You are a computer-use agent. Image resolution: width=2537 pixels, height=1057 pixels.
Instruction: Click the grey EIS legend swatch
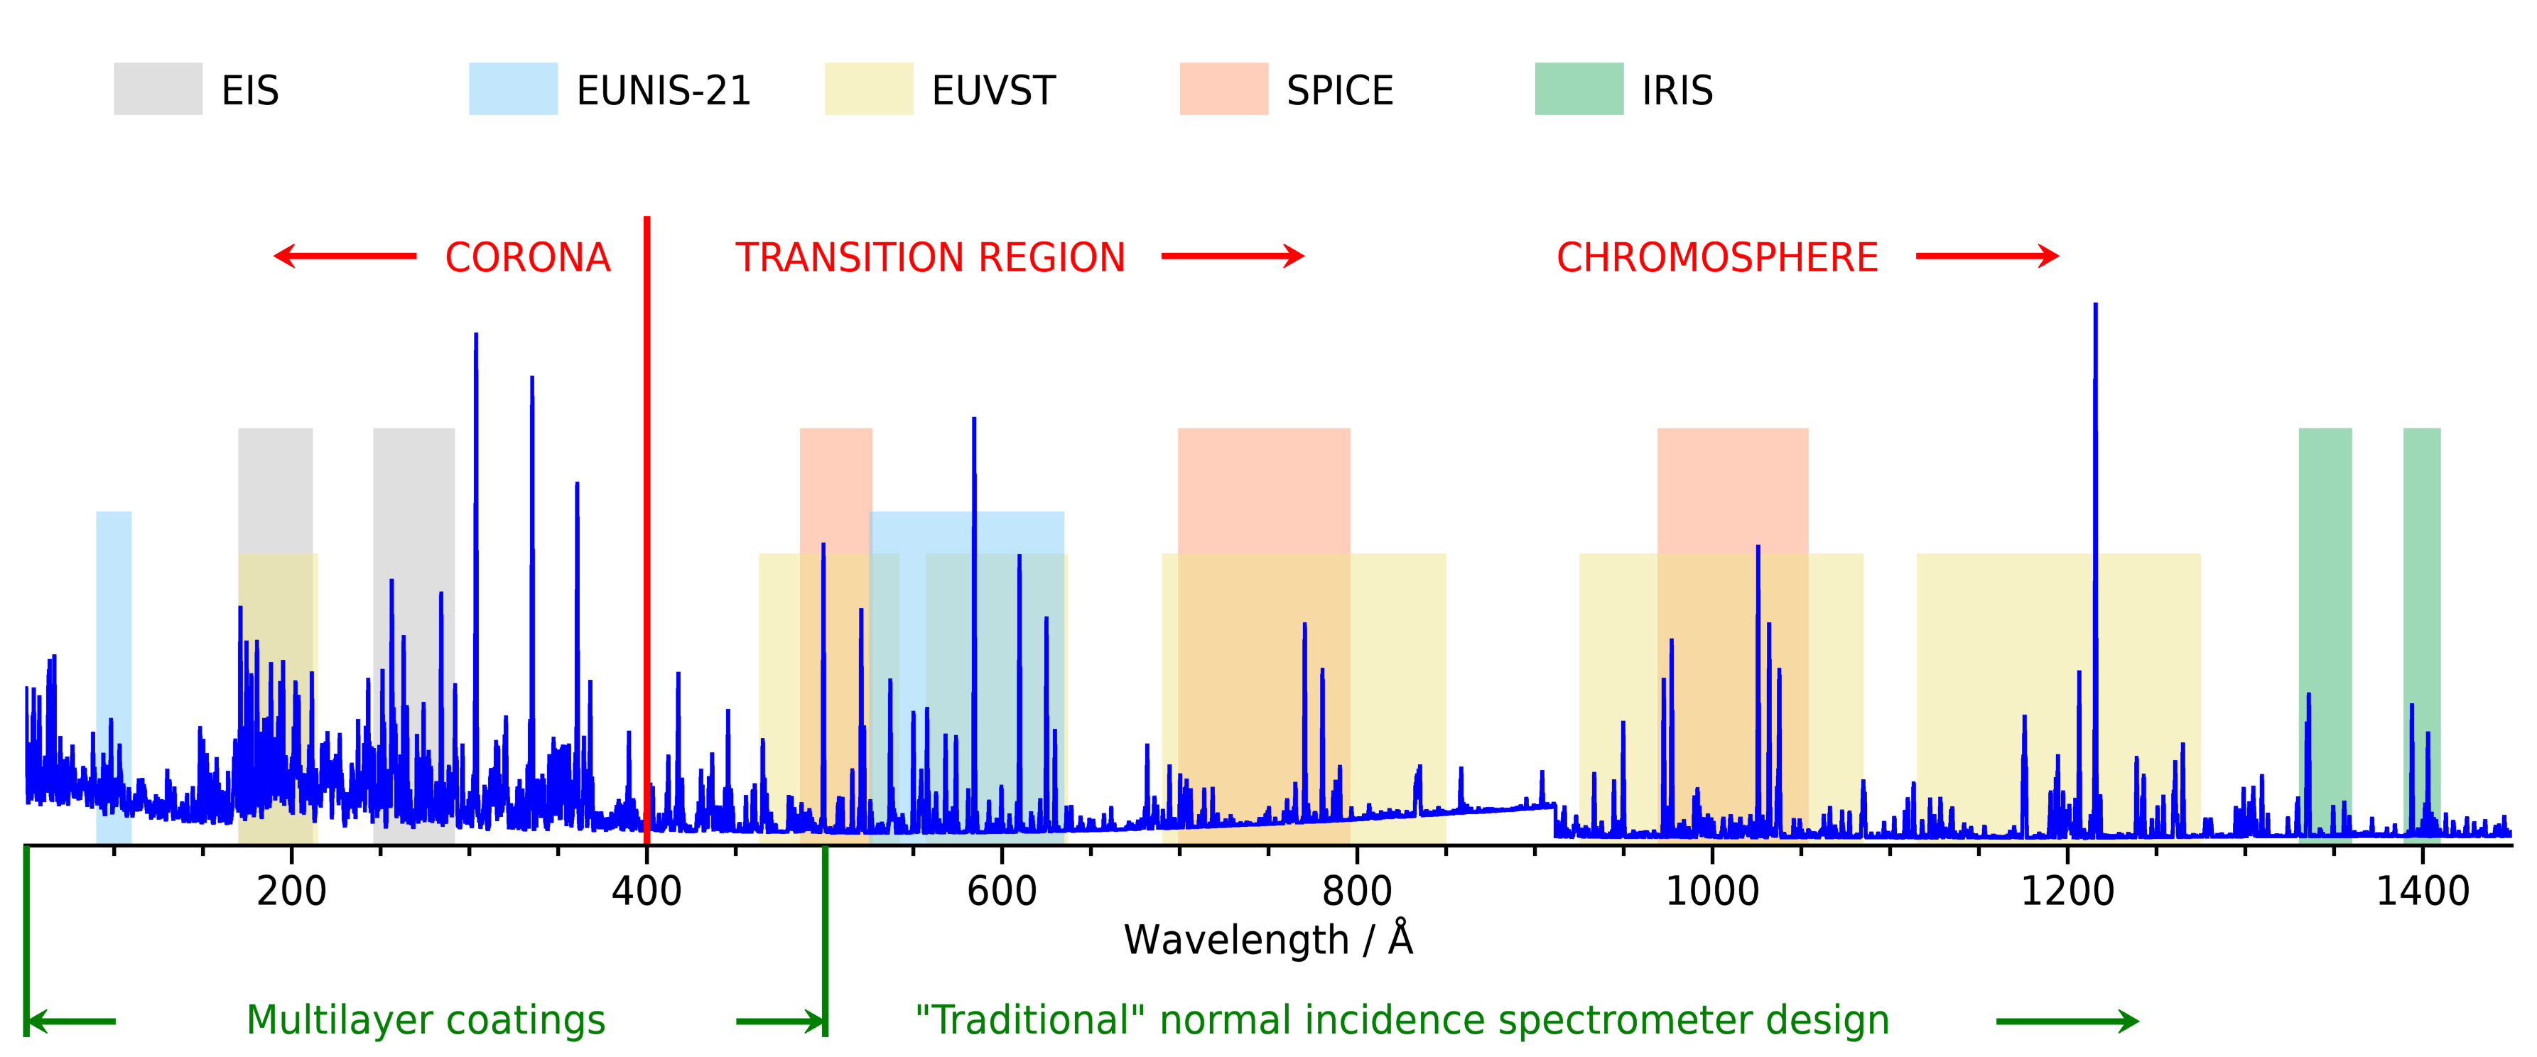coord(158,89)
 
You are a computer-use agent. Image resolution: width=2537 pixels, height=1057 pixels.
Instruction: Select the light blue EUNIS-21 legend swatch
coord(513,89)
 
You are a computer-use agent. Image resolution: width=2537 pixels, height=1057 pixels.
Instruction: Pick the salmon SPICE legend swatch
coord(1224,89)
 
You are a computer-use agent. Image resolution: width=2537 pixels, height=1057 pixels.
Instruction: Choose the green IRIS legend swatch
coord(1579,89)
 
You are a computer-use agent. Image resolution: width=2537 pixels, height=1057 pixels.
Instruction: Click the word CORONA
coord(528,257)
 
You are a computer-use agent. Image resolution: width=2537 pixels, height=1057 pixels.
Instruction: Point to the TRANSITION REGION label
coord(930,257)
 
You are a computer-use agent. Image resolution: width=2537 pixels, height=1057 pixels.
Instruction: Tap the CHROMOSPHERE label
coord(1716,257)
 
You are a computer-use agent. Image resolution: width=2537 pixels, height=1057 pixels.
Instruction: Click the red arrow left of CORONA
coord(345,256)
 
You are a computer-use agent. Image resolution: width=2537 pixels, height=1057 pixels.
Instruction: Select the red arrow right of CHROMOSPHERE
coord(1987,256)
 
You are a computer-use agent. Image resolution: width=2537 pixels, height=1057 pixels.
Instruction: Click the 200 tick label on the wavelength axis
coord(291,891)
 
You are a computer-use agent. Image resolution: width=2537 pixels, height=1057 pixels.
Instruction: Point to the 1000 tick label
coord(1711,891)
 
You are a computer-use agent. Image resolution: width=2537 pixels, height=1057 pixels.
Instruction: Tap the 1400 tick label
coord(2423,891)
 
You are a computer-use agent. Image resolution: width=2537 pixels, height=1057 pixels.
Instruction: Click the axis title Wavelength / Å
coord(1269,939)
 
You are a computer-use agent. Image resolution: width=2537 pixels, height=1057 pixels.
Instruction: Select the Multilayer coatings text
coord(426,1021)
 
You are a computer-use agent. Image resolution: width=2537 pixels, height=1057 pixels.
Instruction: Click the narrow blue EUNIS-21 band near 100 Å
coord(113,678)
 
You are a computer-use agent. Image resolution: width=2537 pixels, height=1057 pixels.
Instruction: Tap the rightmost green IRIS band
coord(2422,635)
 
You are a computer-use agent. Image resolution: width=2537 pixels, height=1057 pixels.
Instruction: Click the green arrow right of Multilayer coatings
coord(780,1021)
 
